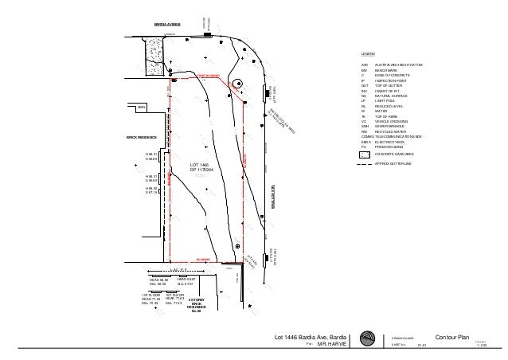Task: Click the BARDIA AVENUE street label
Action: pos(168,25)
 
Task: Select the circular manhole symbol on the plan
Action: pos(237,84)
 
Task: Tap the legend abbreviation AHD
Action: pos(365,65)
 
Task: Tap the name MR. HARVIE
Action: pos(332,345)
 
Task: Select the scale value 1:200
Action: pos(480,346)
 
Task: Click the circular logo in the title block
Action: pos(366,339)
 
